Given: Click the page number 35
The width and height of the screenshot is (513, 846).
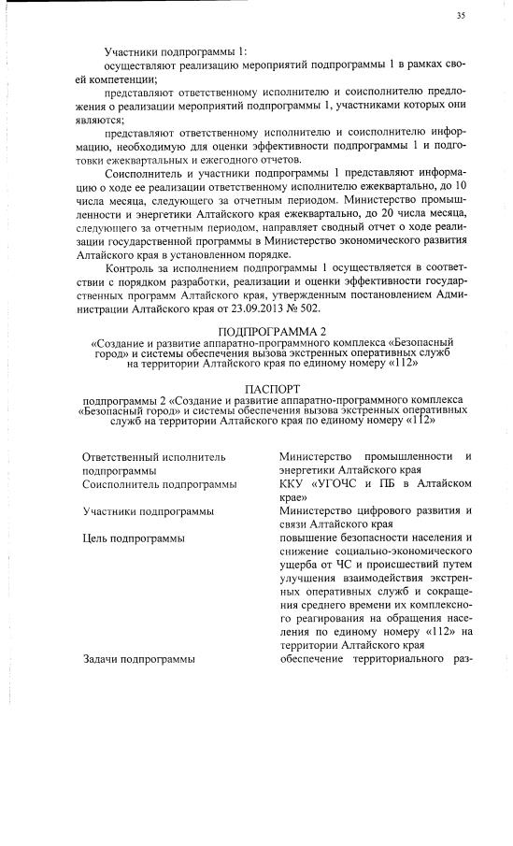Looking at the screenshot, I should (460, 16).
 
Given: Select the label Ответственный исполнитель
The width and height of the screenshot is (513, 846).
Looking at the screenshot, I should (154, 456).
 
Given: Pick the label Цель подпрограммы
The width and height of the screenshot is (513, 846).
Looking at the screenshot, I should (133, 538).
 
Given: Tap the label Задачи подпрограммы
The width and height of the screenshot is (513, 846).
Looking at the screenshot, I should (138, 660).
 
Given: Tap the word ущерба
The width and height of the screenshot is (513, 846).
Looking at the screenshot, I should (301, 565).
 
